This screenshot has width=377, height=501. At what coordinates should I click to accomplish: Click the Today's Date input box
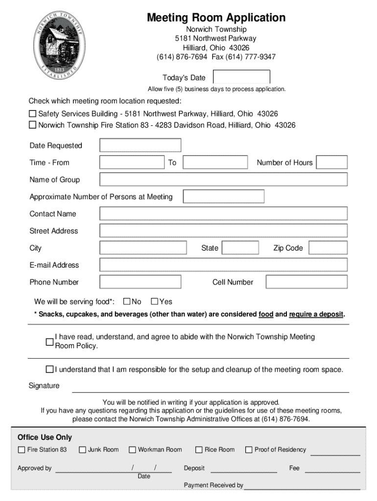point(241,77)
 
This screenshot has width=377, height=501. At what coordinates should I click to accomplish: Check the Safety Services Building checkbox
point(33,114)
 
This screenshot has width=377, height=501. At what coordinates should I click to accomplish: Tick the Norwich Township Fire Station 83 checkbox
point(33,125)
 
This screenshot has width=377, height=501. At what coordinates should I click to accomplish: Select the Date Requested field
point(140,145)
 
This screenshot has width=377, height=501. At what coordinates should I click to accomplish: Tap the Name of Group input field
point(223,180)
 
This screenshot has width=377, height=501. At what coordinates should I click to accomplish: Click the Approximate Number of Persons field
point(223,197)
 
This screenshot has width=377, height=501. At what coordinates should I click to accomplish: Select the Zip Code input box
point(328,248)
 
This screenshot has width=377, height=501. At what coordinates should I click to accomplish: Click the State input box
point(240,248)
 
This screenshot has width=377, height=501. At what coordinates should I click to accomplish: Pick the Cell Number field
point(306,282)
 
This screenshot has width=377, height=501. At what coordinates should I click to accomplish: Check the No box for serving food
point(127,301)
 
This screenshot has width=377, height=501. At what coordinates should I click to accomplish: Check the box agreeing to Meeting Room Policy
point(49,342)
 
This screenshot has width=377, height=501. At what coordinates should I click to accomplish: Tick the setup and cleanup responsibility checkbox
point(49,369)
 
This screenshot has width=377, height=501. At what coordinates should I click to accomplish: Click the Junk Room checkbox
point(82,450)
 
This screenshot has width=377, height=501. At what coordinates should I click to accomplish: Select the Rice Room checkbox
point(199,450)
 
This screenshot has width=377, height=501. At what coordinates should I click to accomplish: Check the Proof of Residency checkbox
point(249,450)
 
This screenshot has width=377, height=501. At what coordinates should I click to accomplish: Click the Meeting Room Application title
point(216,18)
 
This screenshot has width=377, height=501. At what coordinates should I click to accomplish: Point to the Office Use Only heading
point(45,437)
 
